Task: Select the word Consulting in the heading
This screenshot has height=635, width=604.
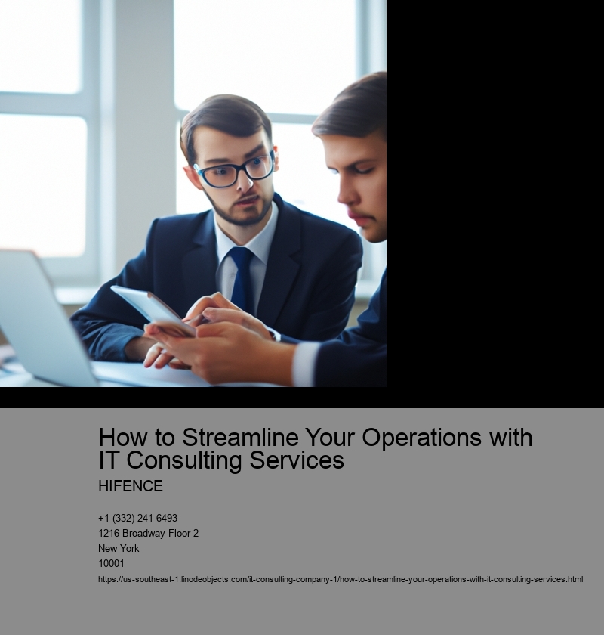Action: pyautogui.click(x=183, y=460)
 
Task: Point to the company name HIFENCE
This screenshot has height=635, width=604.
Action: pyautogui.click(x=131, y=486)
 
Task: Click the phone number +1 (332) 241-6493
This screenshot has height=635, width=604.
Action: pyautogui.click(x=138, y=518)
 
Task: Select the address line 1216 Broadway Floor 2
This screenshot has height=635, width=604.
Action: pyautogui.click(x=149, y=533)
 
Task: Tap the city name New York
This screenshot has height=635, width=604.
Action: pyautogui.click(x=119, y=548)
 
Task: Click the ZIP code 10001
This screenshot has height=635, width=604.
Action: pyautogui.click(x=111, y=563)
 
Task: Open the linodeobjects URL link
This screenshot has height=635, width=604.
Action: pyautogui.click(x=341, y=579)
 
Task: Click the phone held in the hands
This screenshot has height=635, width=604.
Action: pyautogui.click(x=153, y=309)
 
